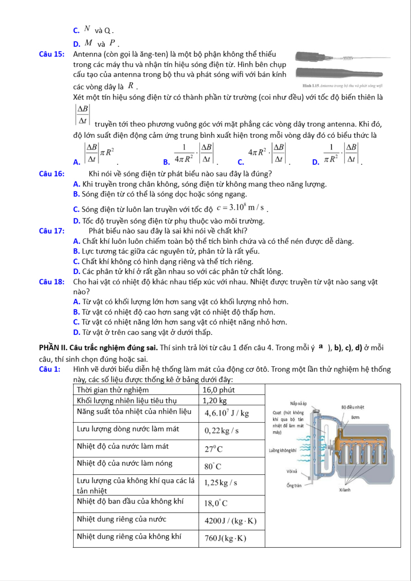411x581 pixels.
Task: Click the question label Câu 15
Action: [52, 54]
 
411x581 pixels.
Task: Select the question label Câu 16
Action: [52, 174]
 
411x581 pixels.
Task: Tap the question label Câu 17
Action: [52, 231]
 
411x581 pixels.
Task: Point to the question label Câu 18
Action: [52, 282]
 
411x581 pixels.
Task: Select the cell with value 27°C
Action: [213, 449]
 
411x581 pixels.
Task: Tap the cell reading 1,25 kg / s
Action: [220, 483]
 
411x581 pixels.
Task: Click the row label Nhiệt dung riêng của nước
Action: [122, 519]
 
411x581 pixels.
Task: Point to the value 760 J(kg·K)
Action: [225, 538]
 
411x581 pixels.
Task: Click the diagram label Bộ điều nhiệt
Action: [353, 407]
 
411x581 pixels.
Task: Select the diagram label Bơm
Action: [355, 417]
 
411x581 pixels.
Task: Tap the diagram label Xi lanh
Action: [345, 490]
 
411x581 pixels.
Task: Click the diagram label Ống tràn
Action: [294, 486]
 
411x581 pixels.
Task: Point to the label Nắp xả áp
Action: [298, 404]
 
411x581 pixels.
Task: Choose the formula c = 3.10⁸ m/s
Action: [240, 208]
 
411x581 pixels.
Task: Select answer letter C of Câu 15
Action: [241, 162]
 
